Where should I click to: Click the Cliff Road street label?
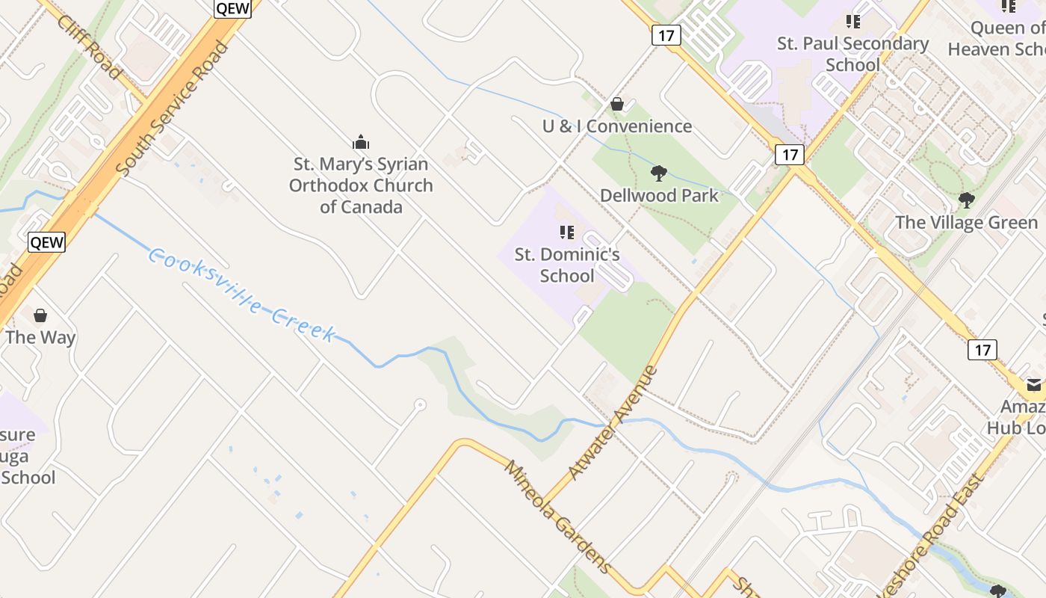88,45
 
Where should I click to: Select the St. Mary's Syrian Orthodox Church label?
361,185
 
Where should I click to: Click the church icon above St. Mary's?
361,142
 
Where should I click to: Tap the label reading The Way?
40,337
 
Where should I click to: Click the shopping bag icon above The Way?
40,315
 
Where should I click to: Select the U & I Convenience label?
617,126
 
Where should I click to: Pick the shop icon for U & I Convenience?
617,104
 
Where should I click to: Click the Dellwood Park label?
659,196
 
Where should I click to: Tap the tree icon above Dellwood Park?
658,173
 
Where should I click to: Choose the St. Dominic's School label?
567,265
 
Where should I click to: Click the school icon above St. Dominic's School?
566,232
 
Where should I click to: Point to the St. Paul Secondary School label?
852,54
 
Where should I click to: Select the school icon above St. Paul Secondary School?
852,21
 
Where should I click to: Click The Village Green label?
966,223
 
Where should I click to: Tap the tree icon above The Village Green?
966,200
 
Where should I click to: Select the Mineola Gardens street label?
557,516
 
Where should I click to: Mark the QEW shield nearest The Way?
47,242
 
